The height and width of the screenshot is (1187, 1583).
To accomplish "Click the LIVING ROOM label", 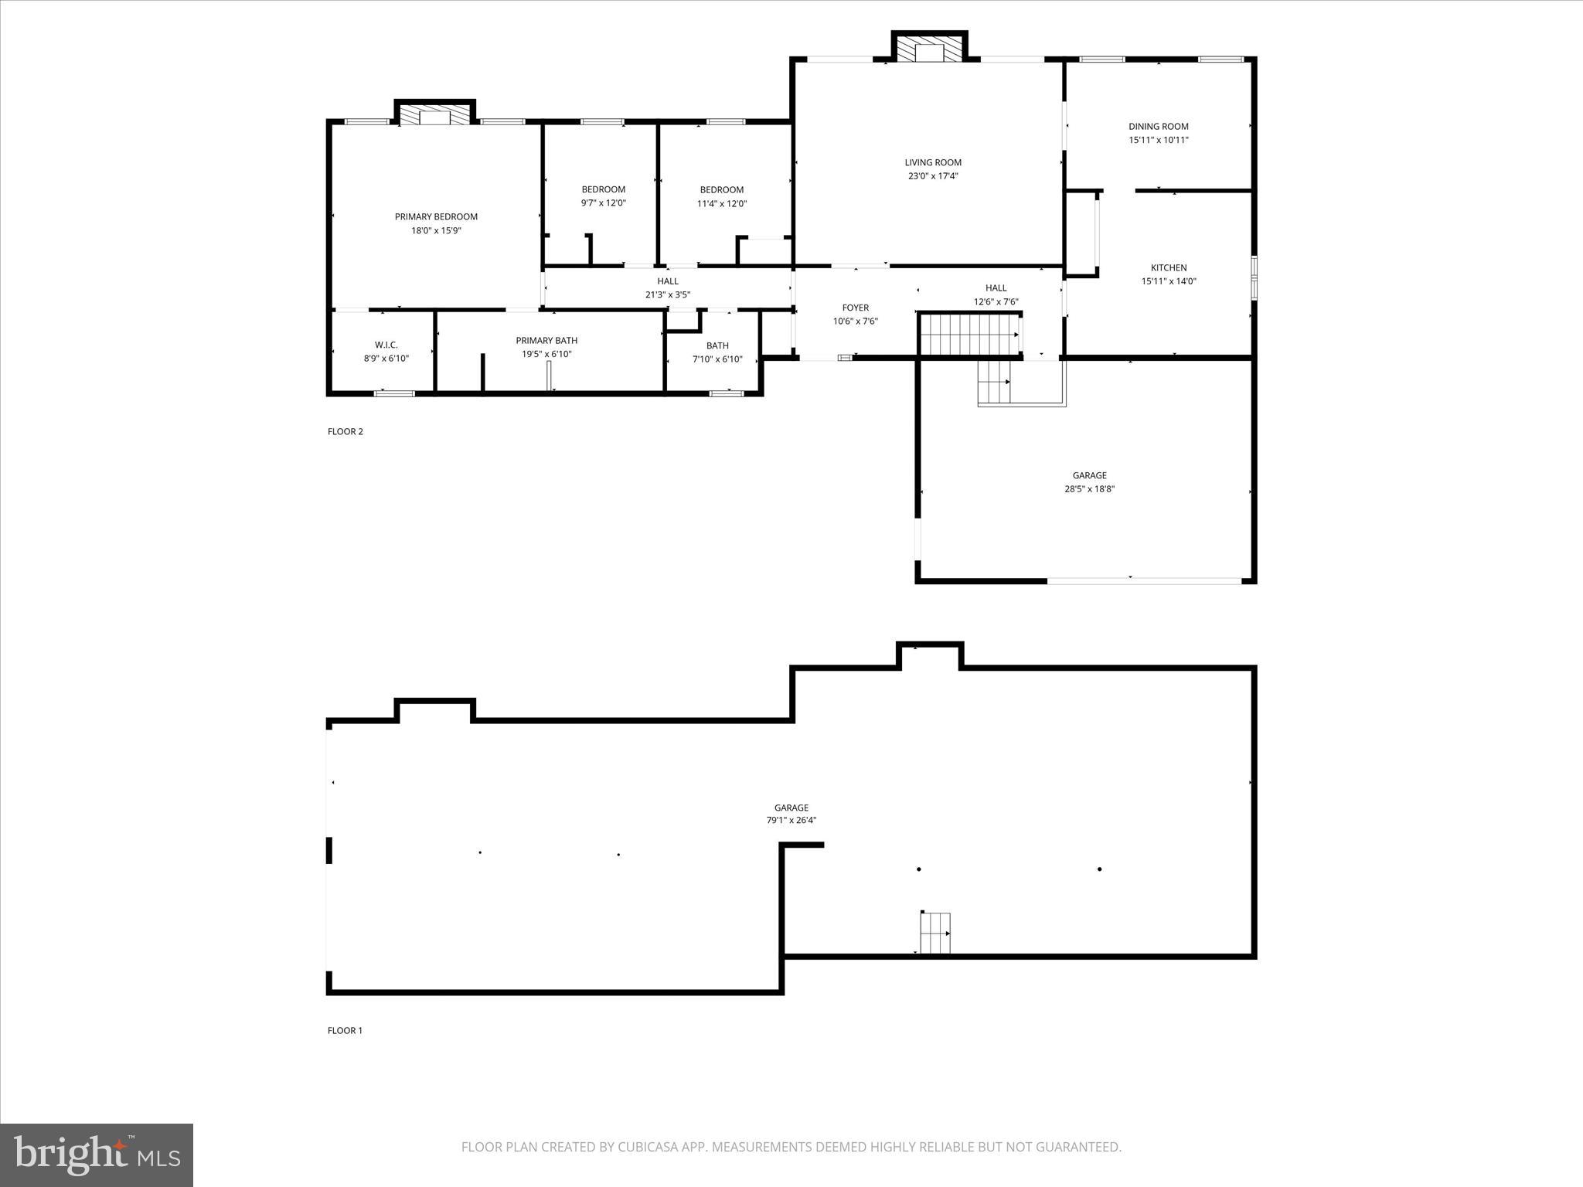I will tap(933, 162).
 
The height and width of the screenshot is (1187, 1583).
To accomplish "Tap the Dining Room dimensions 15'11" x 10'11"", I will tap(1158, 140).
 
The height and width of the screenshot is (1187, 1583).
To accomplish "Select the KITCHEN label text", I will tap(1168, 268).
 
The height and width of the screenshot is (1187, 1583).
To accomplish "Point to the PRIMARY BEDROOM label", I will tap(436, 217).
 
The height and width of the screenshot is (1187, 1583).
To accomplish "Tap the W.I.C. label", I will tap(386, 345).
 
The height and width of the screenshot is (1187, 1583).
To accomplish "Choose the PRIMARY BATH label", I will tap(546, 341).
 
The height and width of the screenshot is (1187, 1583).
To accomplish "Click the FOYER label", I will tap(855, 308).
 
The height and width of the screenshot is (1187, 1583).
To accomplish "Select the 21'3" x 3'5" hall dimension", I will tap(667, 294).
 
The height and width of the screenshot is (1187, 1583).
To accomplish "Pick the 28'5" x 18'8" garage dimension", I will tap(1089, 488).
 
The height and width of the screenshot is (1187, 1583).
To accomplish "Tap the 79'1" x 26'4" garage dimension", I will tap(791, 821).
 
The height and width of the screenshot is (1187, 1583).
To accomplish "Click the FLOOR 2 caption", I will tap(345, 432).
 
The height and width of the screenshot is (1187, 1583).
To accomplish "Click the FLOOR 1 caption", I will tap(345, 1030).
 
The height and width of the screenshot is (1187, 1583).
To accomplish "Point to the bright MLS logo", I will tap(97, 1155).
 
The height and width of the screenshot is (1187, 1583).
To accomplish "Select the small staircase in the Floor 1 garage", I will tap(934, 933).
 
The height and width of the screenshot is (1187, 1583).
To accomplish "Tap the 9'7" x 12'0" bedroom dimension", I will tap(603, 203).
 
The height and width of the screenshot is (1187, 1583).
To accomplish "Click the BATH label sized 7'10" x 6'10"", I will tap(717, 345).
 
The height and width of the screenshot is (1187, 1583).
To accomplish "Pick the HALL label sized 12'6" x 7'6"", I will tap(996, 288).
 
